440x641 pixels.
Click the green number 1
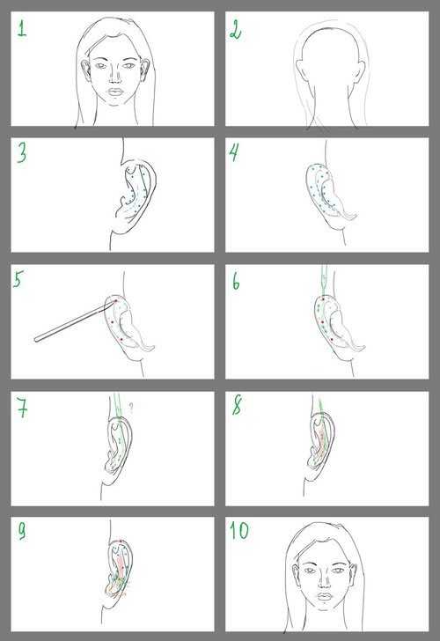click(x=22, y=28)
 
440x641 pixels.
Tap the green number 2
click(x=236, y=29)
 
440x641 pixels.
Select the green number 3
click(x=22, y=153)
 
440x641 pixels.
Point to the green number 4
click(x=234, y=152)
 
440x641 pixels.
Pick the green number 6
click(x=236, y=281)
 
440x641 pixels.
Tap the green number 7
click(x=23, y=408)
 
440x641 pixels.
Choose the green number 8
click(x=237, y=405)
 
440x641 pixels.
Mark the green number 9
click(x=22, y=532)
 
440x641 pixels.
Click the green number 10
click(x=239, y=530)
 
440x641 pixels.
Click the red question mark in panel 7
click(x=131, y=408)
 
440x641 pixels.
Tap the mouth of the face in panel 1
click(x=115, y=92)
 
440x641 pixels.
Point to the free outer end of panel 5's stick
click(x=36, y=339)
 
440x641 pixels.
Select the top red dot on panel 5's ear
click(x=115, y=301)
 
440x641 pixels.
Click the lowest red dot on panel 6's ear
click(x=332, y=340)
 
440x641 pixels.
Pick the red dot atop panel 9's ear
click(x=121, y=541)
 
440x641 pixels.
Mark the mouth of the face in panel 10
click(x=325, y=597)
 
